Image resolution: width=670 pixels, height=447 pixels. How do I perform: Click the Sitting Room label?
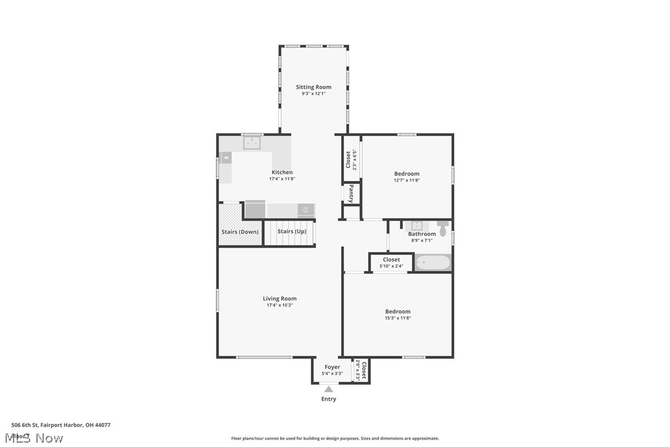313,87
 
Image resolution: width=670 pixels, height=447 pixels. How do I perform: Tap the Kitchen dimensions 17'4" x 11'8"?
282,179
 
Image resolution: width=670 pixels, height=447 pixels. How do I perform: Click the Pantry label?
351,193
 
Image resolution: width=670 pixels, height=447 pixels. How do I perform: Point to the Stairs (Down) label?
240,232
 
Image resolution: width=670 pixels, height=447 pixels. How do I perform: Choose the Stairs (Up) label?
292,232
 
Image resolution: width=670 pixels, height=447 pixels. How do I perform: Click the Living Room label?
279,299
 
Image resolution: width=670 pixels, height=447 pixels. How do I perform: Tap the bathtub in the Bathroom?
433,263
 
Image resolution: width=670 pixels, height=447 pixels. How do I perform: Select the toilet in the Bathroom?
443,225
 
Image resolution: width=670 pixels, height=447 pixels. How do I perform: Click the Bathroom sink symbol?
416,225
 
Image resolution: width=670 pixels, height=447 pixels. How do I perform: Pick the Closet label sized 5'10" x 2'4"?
391,260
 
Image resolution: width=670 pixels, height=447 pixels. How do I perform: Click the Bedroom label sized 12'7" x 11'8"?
407,174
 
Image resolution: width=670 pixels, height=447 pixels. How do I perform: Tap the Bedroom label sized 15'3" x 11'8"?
398,312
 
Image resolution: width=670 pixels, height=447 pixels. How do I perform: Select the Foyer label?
332,367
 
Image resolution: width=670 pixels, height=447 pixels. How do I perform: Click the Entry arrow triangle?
329,389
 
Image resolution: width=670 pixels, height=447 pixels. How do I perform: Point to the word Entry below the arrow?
329,399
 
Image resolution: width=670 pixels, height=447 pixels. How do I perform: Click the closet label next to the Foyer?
363,370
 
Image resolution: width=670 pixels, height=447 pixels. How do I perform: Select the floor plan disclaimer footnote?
335,438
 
